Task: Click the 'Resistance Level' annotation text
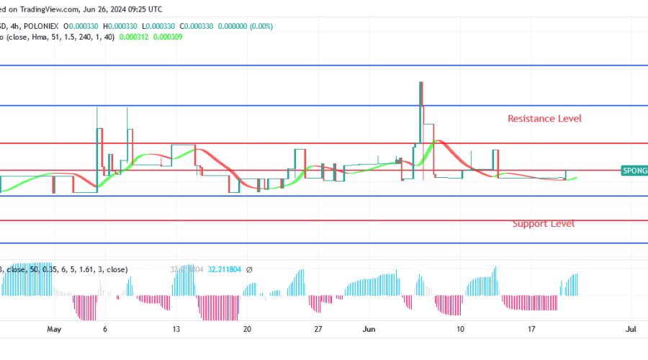coord(544,118)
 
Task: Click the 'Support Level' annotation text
coord(543,224)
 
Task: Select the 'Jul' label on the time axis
coord(631,329)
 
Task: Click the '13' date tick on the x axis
coord(176,329)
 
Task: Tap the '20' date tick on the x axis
coord(247,329)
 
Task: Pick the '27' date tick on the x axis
coord(318,329)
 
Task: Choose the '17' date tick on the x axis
coord(531,329)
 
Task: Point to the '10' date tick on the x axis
coord(460,329)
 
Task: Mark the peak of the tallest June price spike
coord(420,82)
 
